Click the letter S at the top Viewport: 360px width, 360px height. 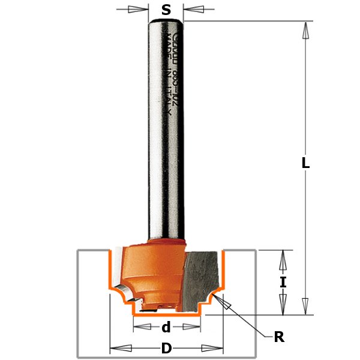point(166,10)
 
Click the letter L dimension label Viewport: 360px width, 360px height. point(305,162)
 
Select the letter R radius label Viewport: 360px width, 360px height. point(278,337)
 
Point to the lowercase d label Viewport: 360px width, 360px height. point(166,327)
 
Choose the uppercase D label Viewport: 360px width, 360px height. point(166,349)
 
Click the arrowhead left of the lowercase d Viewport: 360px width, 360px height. point(140,327)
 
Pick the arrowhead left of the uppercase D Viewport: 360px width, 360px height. point(119,349)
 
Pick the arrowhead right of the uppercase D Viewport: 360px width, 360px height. point(214,349)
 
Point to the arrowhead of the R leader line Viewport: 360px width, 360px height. point(226,305)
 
